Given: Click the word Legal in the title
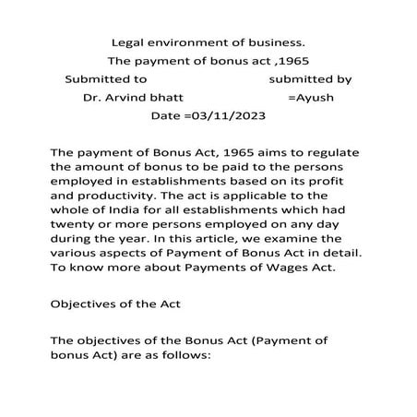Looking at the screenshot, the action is (x=128, y=42).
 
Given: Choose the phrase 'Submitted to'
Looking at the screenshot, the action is (x=106, y=79).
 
